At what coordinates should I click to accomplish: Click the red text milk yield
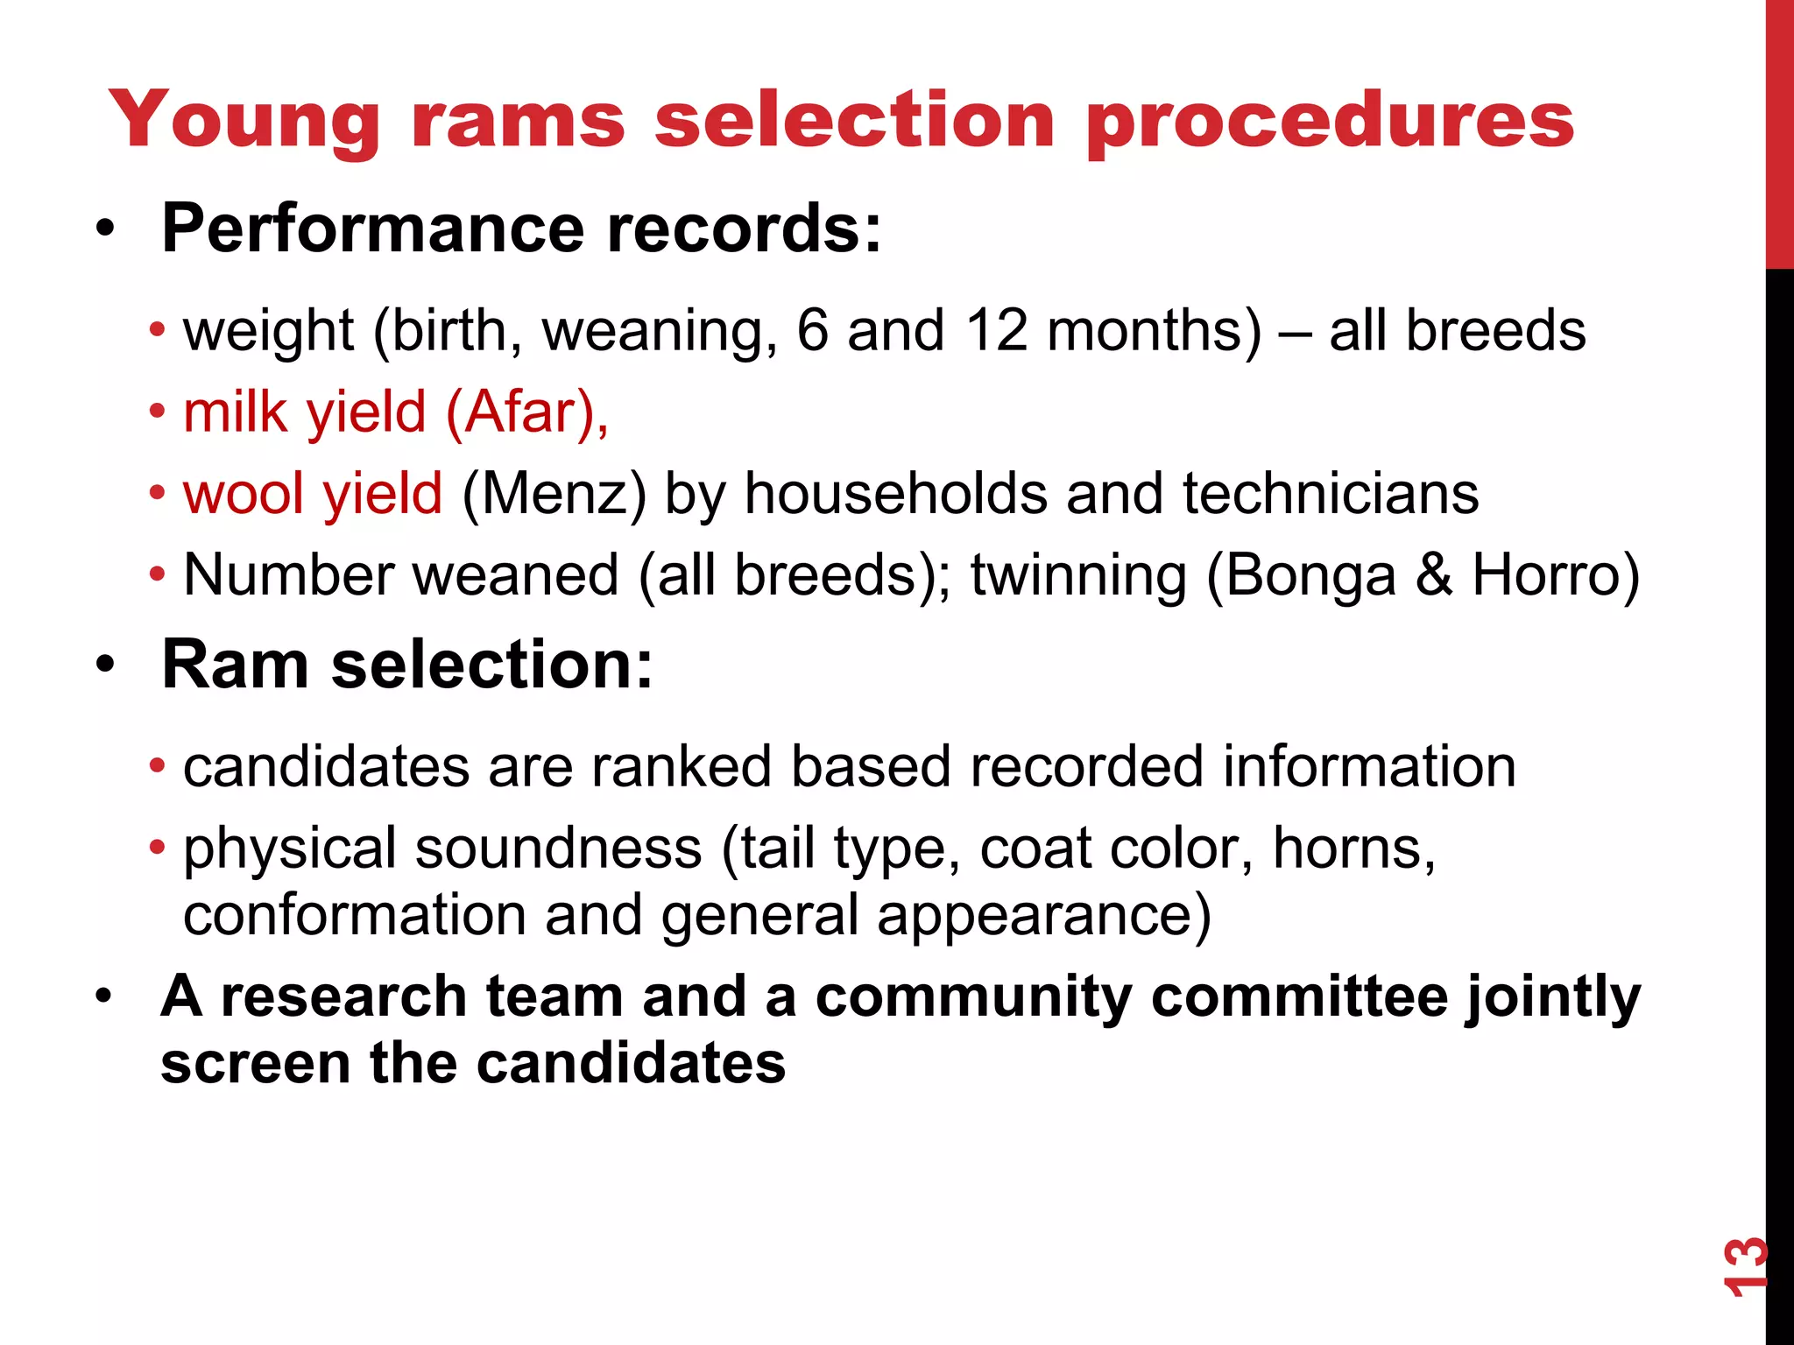click(304, 412)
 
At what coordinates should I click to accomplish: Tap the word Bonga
click(1309, 575)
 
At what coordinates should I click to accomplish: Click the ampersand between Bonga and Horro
click(1433, 575)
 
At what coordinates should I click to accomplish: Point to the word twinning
click(1078, 575)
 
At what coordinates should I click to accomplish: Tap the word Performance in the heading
click(373, 229)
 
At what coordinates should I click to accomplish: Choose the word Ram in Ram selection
click(235, 665)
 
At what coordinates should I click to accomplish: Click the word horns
click(1352, 849)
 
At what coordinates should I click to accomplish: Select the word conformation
click(354, 915)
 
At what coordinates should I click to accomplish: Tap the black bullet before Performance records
click(106, 230)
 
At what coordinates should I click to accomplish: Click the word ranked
click(681, 767)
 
